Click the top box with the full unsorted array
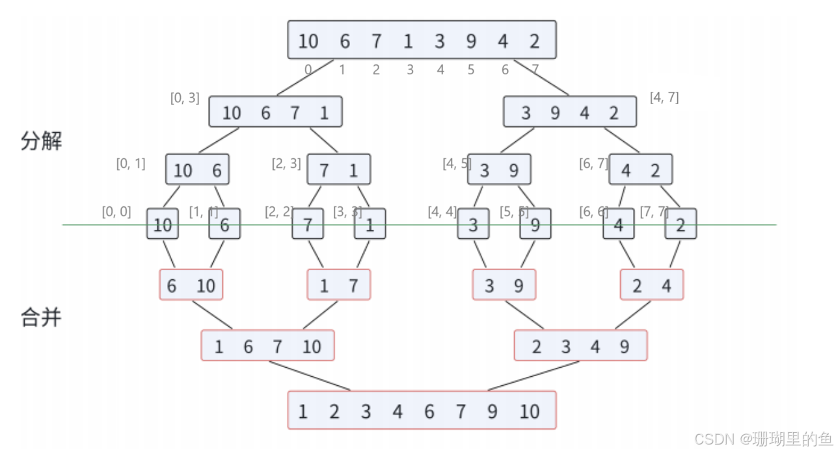pos(422,40)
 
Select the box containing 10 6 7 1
pos(275,112)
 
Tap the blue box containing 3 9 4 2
pos(570,112)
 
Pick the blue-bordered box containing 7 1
pos(338,170)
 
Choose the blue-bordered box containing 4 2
pos(640,170)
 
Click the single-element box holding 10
pos(163,225)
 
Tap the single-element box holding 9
pos(535,225)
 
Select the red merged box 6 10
pos(191,285)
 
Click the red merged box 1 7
pos(338,285)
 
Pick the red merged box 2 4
pos(652,285)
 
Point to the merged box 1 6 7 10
pos(267,346)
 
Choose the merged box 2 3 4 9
pos(580,346)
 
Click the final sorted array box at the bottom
pos(422,411)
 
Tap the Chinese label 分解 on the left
pos(42,141)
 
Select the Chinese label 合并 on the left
pos(42,318)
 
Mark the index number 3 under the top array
pos(410,70)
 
